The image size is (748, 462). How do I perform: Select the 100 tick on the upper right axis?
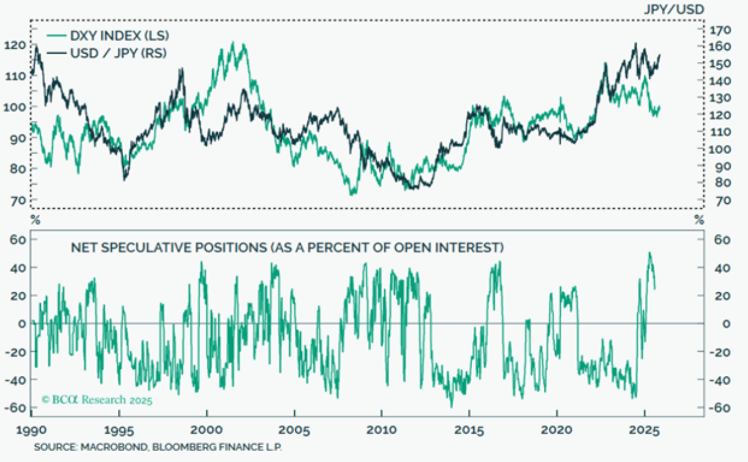coord(719,149)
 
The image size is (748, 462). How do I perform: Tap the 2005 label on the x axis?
coord(294,431)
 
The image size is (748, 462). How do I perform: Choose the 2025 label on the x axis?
coord(644,431)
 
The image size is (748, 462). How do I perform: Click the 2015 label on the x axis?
coord(469,431)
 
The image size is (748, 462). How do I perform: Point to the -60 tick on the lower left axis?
coord(15,408)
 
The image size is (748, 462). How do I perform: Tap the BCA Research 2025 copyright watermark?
coord(97,400)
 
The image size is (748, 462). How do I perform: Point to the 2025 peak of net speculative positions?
coord(650,253)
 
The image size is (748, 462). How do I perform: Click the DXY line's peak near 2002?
coord(233,42)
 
